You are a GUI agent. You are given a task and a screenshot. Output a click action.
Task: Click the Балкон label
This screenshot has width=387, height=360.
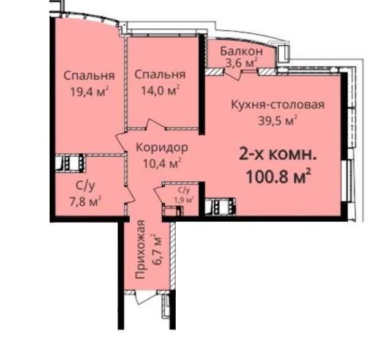pos(241,51)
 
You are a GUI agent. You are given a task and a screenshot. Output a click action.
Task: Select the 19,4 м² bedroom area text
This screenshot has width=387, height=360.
pos(89,92)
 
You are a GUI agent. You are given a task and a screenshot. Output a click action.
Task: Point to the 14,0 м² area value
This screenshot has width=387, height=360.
pos(160,91)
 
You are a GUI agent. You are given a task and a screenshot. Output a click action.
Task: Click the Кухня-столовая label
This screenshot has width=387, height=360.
pos(277,105)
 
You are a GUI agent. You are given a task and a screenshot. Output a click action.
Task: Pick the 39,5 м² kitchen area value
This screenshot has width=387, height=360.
pos(277,121)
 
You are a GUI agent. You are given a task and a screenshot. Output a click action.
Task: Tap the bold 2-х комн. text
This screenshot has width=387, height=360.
pos(277,156)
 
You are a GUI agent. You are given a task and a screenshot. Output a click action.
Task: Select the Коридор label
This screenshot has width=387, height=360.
pos(162,148)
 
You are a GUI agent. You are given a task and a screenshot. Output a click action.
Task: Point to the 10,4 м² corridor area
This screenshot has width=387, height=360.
pos(162,163)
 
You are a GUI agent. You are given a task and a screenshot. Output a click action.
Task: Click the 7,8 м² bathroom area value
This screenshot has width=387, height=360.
pos(85,202)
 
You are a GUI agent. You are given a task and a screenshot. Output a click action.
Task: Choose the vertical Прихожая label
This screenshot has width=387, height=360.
pos(140,249)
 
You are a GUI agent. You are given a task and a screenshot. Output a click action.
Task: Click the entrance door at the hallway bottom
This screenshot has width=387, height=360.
pos(146,296)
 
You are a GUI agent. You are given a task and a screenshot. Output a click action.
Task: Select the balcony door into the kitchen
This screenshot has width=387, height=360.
pos(233,73)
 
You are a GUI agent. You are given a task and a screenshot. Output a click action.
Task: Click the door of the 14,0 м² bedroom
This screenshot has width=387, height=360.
pos(156,124)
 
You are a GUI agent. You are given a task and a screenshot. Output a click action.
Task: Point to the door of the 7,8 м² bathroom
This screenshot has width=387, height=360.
pos(130,193)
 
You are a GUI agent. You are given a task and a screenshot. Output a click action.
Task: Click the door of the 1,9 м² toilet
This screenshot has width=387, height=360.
pos(159,195)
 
